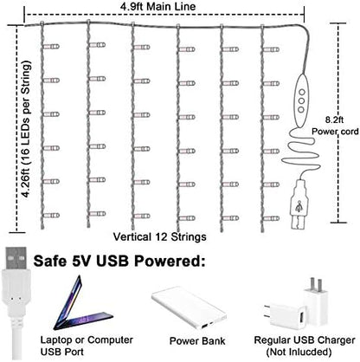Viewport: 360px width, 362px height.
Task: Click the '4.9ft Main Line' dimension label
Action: [158, 7]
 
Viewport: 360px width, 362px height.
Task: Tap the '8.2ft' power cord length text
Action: [334, 120]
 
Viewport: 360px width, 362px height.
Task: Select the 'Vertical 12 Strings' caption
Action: [159, 237]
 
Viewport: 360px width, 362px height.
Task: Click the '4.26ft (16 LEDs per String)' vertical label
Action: [26, 129]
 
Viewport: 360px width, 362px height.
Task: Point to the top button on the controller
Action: [302, 93]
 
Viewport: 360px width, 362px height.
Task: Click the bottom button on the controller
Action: [301, 110]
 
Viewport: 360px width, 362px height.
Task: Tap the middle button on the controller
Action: [301, 101]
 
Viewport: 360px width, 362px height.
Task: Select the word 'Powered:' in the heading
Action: [170, 262]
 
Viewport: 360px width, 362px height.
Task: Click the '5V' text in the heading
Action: [81, 261]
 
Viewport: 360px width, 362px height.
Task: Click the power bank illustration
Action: [189, 307]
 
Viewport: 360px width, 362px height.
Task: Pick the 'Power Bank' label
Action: [197, 341]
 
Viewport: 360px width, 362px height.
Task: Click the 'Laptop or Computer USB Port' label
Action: [87, 346]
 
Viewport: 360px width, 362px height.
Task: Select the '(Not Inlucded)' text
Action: [299, 352]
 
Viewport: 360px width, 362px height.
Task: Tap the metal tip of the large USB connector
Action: [16, 258]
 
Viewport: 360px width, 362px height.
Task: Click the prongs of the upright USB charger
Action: [315, 284]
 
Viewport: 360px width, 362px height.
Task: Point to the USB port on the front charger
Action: [302, 317]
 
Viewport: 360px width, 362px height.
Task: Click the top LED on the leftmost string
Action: [51, 47]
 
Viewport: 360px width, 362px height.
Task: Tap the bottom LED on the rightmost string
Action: [272, 218]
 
